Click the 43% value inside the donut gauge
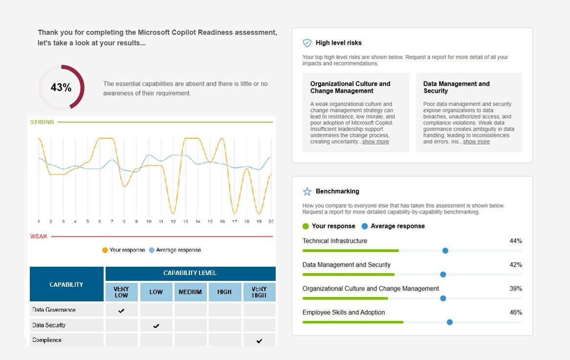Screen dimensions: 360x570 coord(61,88)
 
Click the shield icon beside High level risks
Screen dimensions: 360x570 coord(307,43)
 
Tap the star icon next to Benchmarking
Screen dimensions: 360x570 coord(307,191)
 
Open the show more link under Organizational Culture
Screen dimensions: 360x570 coord(375,142)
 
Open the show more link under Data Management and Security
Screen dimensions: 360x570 coord(476,142)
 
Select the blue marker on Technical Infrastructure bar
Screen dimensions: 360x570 coord(445,251)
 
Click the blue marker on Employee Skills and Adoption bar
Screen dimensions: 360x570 coord(449,322)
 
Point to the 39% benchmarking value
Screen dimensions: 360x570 coord(516,289)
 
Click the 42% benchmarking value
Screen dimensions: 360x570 coord(516,265)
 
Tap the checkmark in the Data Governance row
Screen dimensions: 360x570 coord(121,311)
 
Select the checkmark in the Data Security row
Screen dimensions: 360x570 coord(156,326)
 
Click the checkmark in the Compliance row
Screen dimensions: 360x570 coord(259,341)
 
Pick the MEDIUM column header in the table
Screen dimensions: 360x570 coord(190,292)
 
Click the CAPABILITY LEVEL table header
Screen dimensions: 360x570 coord(190,273)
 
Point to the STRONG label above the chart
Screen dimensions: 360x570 coord(42,122)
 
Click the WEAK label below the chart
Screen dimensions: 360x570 coord(39,236)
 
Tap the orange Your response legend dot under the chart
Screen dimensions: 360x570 coord(105,250)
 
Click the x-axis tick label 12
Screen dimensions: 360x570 coord(173,221)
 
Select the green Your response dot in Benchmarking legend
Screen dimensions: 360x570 coord(306,226)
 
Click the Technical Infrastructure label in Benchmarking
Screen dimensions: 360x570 coord(334,241)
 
